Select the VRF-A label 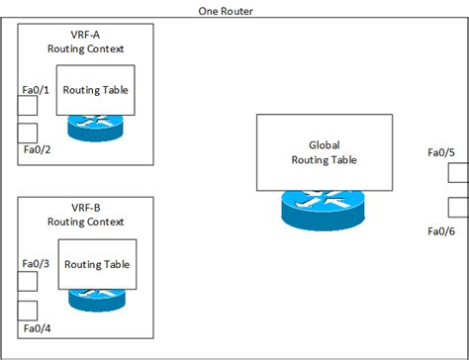pos(85,34)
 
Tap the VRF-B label pos(85,209)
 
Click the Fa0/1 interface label pos(36,90)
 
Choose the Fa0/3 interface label pos(36,265)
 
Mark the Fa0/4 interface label pos(36,327)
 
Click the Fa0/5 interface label pos(440,152)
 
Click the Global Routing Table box pos(318,152)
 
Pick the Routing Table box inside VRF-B pos(96,264)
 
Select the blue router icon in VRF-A pos(96,127)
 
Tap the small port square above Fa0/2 pos(28,133)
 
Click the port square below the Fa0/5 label pos(457,173)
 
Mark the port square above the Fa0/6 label pos(457,207)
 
